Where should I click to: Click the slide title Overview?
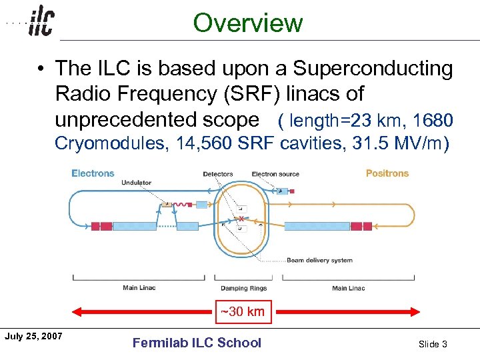pyautogui.click(x=248, y=23)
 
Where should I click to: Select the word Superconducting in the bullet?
pyautogui.click(x=373, y=69)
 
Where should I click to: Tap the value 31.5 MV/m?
pyautogui.click(x=399, y=143)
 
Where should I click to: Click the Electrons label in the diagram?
pyautogui.click(x=93, y=173)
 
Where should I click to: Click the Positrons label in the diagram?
pyautogui.click(x=387, y=173)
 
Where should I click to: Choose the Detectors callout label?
pyautogui.click(x=218, y=175)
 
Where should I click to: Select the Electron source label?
pyautogui.click(x=275, y=175)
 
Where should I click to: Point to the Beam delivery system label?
pyautogui.click(x=319, y=260)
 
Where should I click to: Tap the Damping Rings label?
pyautogui.click(x=243, y=289)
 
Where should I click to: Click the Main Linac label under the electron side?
pyautogui.click(x=139, y=289)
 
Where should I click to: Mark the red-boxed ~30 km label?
pyautogui.click(x=243, y=311)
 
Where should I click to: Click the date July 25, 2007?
pyautogui.click(x=33, y=335)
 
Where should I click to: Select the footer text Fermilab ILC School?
pyautogui.click(x=197, y=343)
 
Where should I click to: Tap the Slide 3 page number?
pyautogui.click(x=433, y=344)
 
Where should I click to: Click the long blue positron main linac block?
pyautogui.click(x=317, y=226)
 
